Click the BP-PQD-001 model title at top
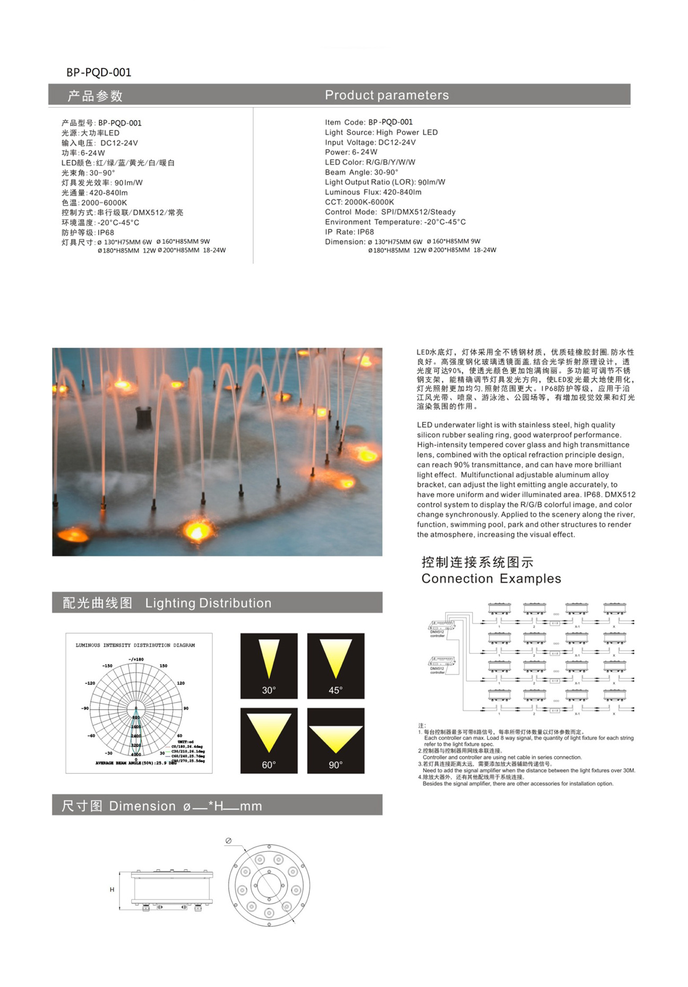[99, 72]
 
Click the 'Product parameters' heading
[386, 95]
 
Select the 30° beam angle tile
[269, 666]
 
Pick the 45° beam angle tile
[336, 666]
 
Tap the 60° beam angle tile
[269, 740]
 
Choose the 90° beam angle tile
[336, 740]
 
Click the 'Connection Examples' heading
[491, 578]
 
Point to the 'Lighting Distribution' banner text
[208, 603]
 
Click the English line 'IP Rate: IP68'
[349, 232]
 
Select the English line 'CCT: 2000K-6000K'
[359, 202]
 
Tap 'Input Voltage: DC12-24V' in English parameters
[370, 142]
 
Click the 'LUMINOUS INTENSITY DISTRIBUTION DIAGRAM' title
[135, 645]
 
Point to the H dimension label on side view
[112, 889]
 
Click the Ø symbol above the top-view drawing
[228, 840]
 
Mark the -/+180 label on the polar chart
[136, 659]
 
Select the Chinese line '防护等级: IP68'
[88, 233]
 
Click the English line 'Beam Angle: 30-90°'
[361, 172]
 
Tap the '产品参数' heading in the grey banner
[95, 96]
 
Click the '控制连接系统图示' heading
[477, 562]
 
